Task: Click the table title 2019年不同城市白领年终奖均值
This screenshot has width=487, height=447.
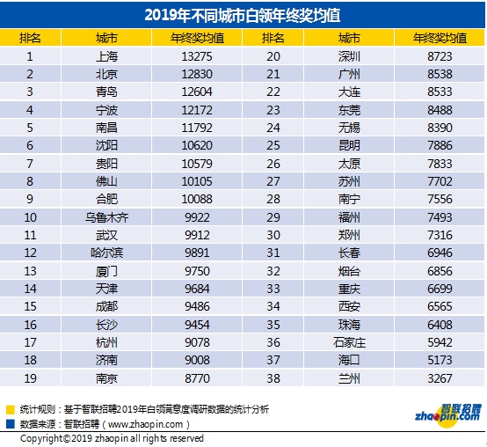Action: coord(243,16)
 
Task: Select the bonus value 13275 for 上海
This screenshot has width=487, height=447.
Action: coord(197,56)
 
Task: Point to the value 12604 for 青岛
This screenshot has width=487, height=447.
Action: coord(197,92)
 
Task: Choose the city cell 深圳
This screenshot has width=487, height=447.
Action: coord(349,56)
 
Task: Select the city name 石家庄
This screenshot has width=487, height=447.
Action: coord(349,342)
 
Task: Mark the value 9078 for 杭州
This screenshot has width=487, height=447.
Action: coord(197,342)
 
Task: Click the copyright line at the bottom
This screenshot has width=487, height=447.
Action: coord(112,437)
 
